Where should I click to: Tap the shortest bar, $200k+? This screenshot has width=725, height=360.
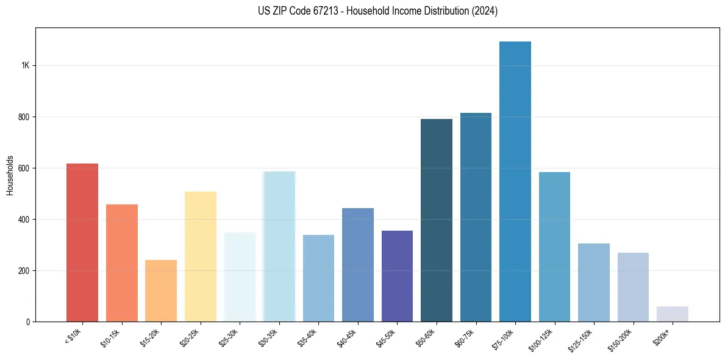click(673, 314)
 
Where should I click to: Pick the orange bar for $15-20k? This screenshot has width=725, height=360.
click(161, 290)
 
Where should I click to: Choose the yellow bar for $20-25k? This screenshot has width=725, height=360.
click(201, 256)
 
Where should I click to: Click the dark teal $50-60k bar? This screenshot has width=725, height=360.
click(437, 220)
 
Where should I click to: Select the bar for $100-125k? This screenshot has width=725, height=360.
click(554, 247)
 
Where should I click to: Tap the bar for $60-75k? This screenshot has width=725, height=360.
click(476, 217)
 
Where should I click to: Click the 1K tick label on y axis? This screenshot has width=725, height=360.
click(25, 66)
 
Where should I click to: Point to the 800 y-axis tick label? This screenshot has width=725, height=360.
click(24, 117)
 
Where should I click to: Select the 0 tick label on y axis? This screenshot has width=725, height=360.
click(27, 322)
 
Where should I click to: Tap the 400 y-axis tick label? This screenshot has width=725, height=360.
click(24, 220)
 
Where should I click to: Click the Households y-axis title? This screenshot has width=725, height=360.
click(10, 175)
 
